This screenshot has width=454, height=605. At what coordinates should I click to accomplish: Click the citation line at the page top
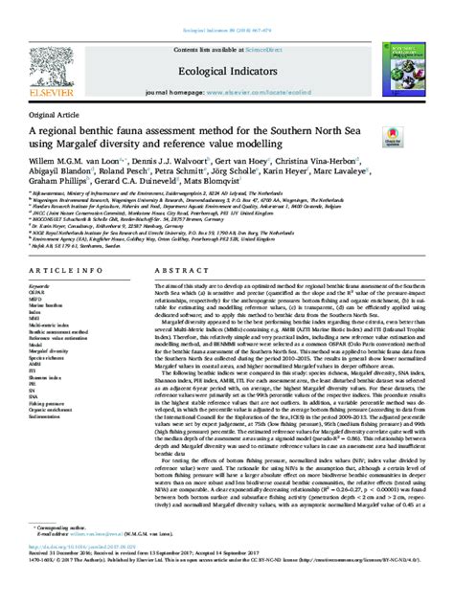(x=227, y=8)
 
